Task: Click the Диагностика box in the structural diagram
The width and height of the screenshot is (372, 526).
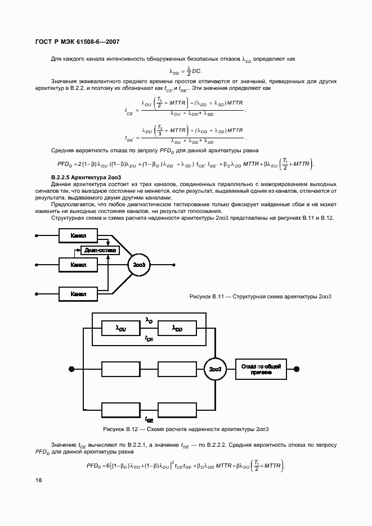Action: pyautogui.click(x=100, y=250)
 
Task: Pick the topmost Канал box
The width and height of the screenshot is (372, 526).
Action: pyautogui.click(x=78, y=235)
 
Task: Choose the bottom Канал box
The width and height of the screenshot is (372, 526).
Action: pyautogui.click(x=78, y=293)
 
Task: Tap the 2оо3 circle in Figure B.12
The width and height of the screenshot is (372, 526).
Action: pyautogui.click(x=214, y=369)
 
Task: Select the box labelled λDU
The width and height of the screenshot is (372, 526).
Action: pyautogui.click(x=120, y=328)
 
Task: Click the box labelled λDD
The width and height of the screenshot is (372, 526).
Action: pyautogui.click(x=177, y=328)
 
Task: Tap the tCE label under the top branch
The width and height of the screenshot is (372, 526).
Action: pyautogui.click(x=149, y=338)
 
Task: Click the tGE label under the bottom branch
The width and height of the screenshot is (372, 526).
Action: pyautogui.click(x=149, y=419)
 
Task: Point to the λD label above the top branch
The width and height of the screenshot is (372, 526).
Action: pyautogui.click(x=149, y=319)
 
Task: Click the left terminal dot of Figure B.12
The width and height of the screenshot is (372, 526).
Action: pyautogui.click(x=71, y=369)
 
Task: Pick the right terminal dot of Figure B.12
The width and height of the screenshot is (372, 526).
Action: pyautogui.click(x=297, y=369)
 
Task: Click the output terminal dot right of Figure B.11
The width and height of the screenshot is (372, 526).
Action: pyautogui.click(x=173, y=264)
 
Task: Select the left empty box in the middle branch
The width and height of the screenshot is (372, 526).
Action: pyautogui.click(x=120, y=369)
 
